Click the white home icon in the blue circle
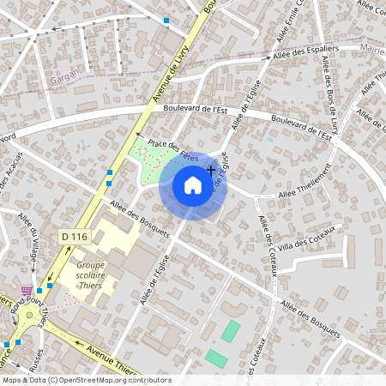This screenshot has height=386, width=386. pos(193,185)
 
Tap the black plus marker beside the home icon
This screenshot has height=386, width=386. pos(211,171)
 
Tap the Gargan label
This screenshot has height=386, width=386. pos(63,75)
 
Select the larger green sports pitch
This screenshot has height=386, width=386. pos(231,330)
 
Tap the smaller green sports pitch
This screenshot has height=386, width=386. pos(216,358)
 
